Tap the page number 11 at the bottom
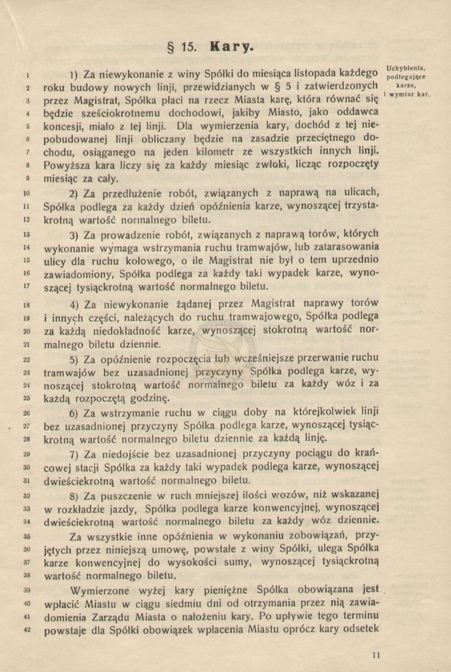point(375,655)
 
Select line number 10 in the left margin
point(26,194)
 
